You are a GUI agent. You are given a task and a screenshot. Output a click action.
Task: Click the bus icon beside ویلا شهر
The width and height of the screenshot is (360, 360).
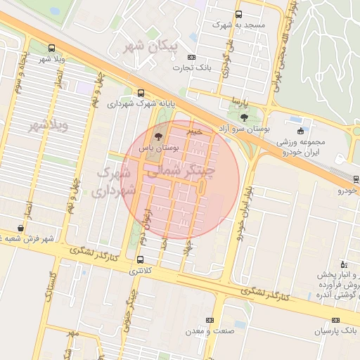[51, 49]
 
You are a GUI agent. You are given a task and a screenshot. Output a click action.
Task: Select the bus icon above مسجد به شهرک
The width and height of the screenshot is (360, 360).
[238, 14]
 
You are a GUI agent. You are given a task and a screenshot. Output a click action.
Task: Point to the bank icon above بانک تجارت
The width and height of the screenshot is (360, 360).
[193, 56]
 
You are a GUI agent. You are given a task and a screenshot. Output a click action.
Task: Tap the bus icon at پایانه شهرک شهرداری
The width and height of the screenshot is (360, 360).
[141, 93]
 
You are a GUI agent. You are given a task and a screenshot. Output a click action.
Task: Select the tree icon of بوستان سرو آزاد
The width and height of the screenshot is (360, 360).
[244, 117]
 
